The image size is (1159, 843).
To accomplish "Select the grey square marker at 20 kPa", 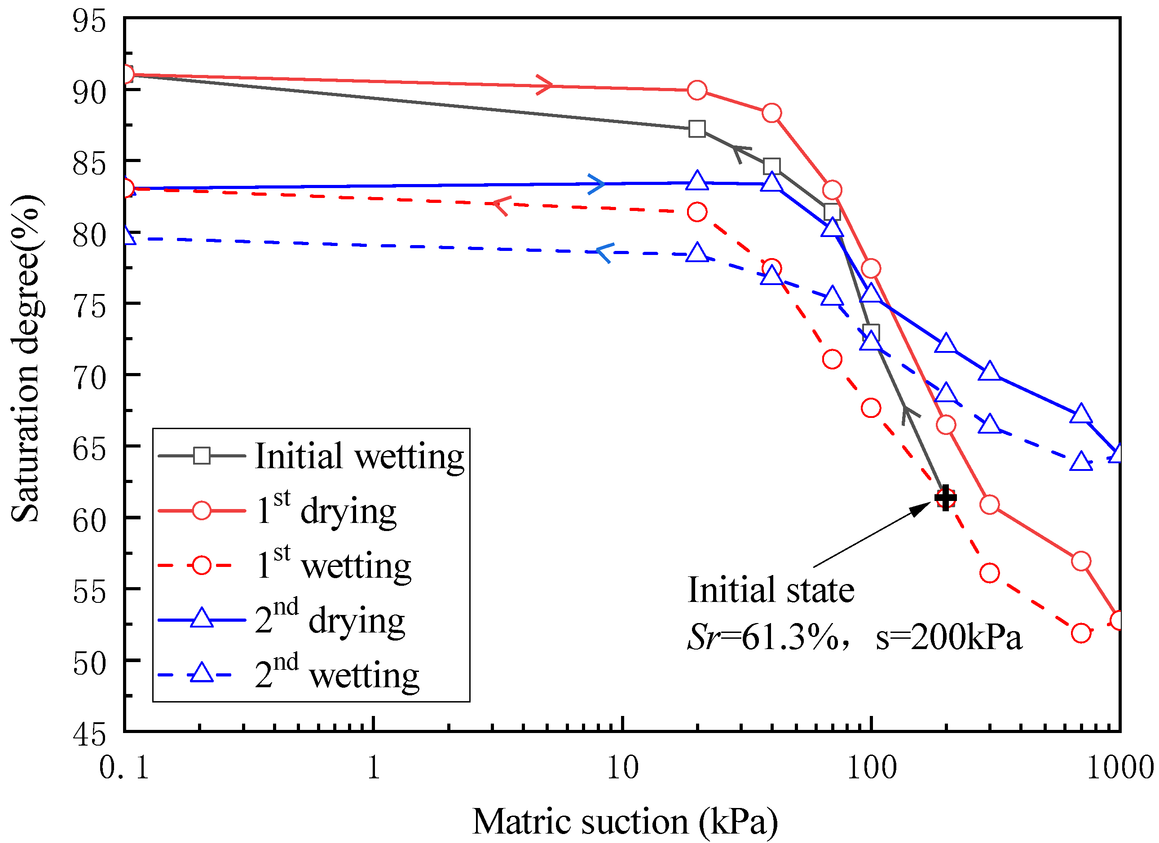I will pyautogui.click(x=697, y=129).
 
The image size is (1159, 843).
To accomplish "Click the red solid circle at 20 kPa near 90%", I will pyautogui.click(x=697, y=90).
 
